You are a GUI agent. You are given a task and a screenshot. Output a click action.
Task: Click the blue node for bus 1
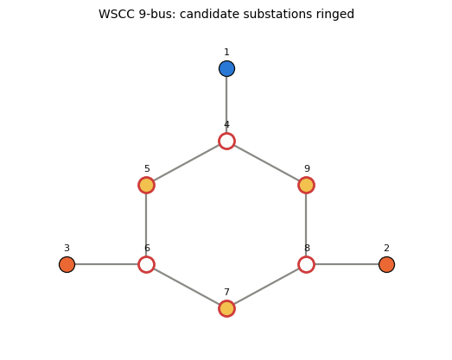point(226,68)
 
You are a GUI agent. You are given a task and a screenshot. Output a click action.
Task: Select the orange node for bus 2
point(386,264)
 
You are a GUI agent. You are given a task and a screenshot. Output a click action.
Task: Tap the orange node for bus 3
point(67,264)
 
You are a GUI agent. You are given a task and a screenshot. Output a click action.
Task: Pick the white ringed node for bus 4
point(226,141)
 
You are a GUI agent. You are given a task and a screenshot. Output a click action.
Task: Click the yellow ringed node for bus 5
point(146,185)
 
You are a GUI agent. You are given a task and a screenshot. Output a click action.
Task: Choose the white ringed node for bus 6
point(146,264)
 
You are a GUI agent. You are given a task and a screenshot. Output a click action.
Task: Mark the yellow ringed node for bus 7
point(226,308)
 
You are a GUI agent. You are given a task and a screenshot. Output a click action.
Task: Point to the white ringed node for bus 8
point(306,264)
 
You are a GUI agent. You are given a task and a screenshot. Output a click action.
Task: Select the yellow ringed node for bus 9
point(306,185)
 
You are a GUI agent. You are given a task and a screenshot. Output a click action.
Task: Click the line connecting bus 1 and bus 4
point(226,104)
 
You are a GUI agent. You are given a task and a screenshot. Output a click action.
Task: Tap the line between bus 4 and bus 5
point(187,163)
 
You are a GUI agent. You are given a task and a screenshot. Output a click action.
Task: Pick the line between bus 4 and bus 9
point(266,163)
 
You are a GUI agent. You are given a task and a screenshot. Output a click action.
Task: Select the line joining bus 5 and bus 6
point(146,224)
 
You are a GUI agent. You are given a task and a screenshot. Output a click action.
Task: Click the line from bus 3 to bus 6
point(106,264)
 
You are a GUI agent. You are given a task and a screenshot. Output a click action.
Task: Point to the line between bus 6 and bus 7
point(187,287)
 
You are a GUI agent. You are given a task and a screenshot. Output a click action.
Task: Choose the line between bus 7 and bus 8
point(266,287)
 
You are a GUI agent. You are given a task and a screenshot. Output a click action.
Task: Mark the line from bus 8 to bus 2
point(347,264)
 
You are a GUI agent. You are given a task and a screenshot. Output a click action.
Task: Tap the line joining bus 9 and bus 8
point(306,224)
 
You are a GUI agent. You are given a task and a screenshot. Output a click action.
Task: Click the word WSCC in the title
point(117,14)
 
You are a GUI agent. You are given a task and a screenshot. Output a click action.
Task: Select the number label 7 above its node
point(226,292)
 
